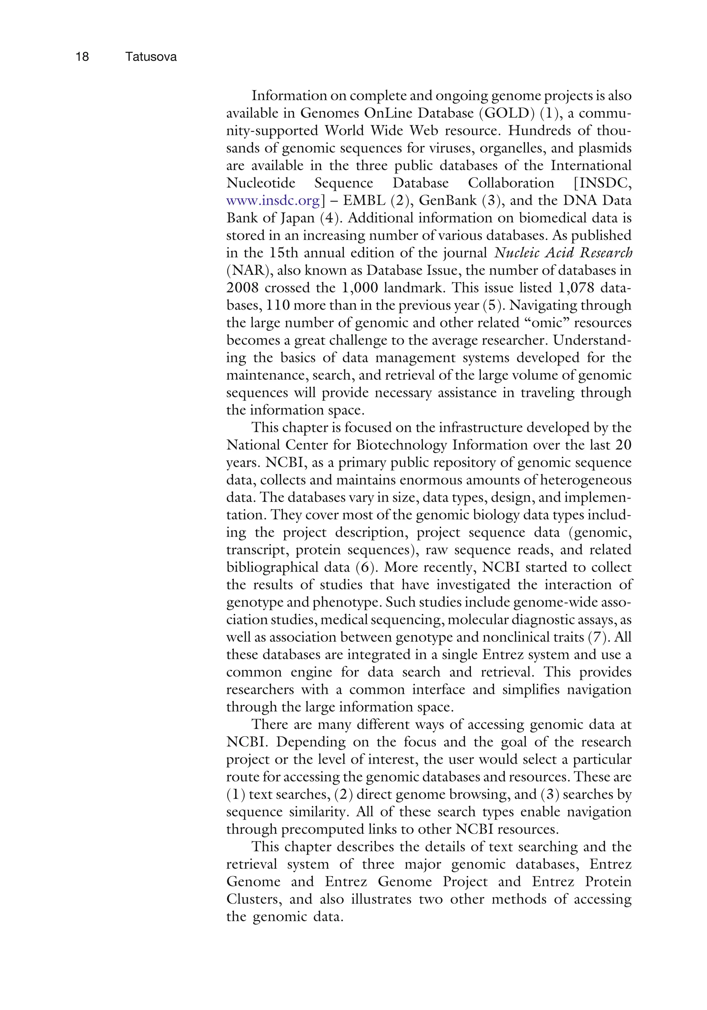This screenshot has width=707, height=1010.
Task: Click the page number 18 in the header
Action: click(82, 57)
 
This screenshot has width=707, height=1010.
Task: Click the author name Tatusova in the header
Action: click(151, 57)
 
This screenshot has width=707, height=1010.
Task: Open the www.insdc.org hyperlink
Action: click(273, 201)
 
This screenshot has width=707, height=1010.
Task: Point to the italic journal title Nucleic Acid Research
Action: click(563, 253)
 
